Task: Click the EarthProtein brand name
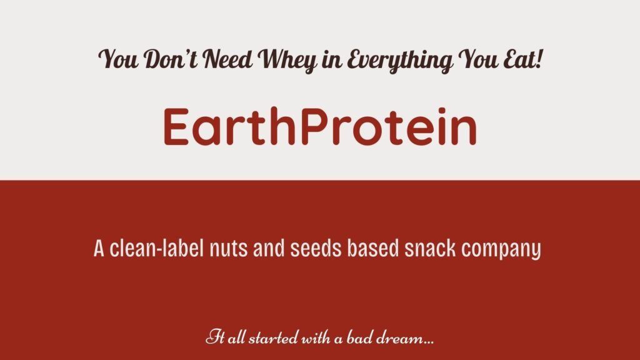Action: click(x=319, y=127)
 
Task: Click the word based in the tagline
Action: click(x=372, y=248)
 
